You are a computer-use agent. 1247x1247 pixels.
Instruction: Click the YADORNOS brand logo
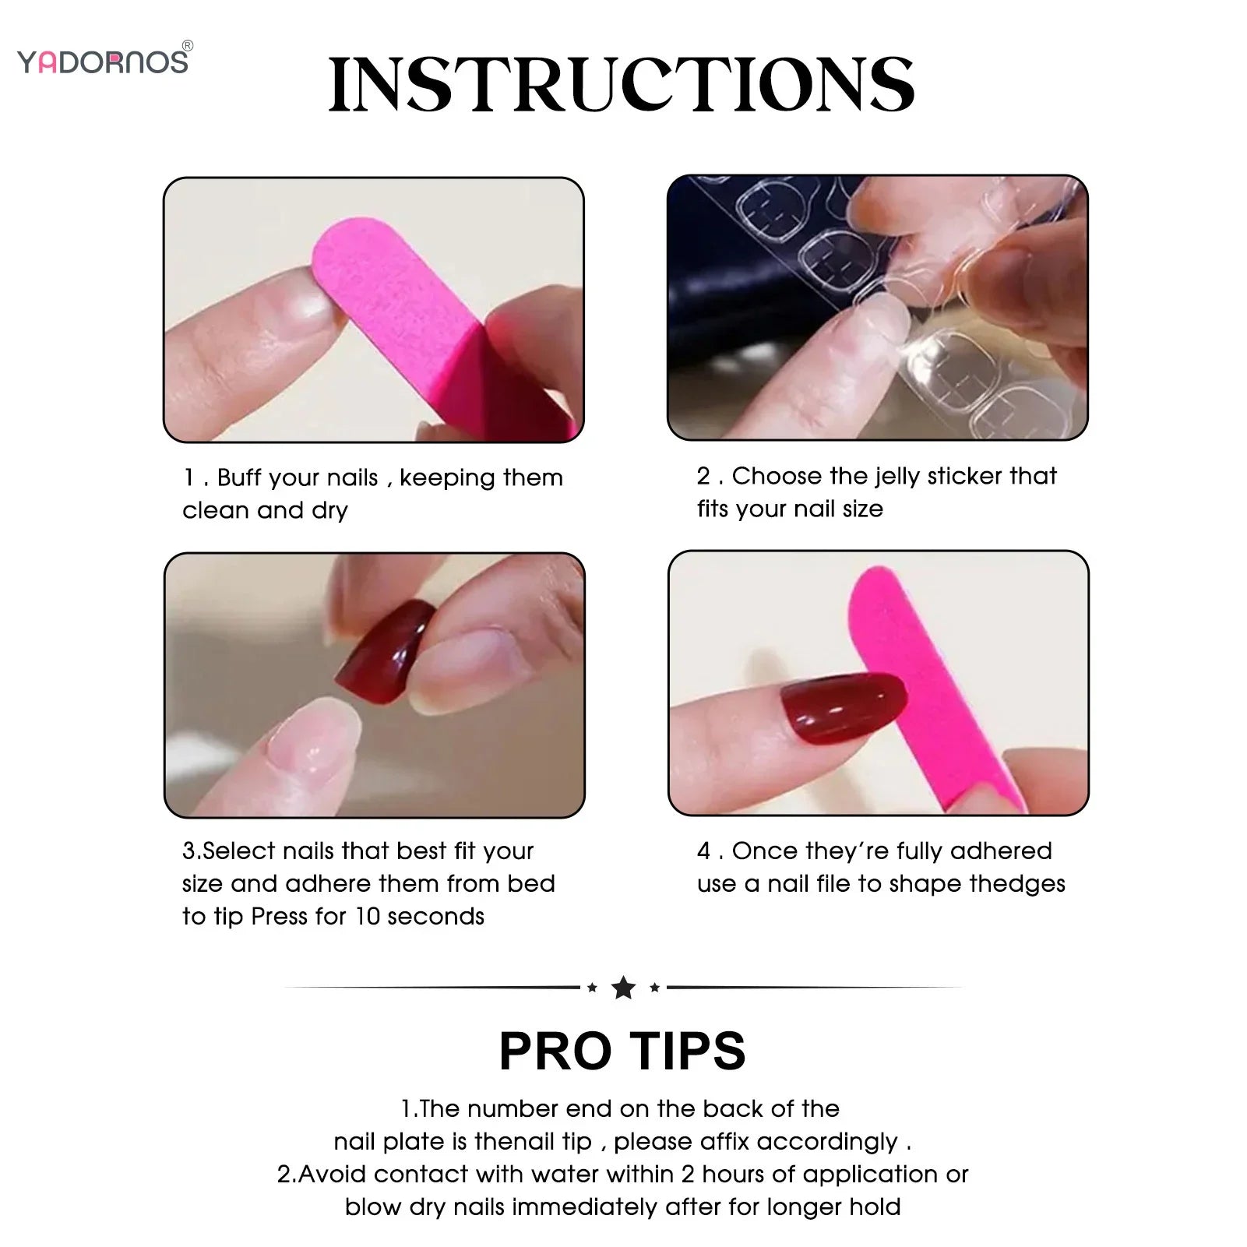click(103, 62)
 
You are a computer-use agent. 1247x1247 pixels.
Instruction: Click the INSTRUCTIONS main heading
click(622, 86)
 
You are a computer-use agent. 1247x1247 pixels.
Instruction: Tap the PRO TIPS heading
click(622, 1051)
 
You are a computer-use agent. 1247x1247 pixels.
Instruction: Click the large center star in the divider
click(623, 988)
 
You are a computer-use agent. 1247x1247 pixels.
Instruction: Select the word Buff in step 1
click(241, 477)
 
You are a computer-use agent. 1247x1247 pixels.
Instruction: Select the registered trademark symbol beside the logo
click(188, 46)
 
